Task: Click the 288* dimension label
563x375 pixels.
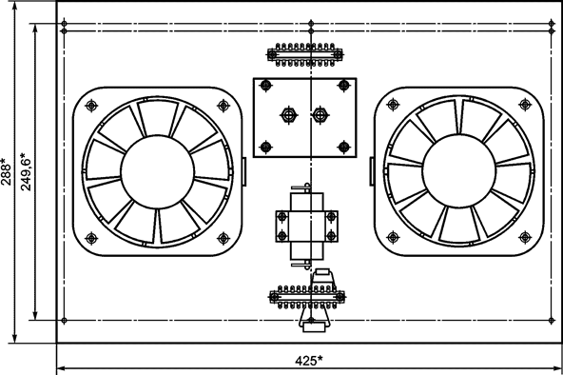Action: pos(6,171)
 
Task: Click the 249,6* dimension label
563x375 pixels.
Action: pos(26,171)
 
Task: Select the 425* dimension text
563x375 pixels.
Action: pos(309,361)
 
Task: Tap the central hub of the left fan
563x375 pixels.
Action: pos(158,171)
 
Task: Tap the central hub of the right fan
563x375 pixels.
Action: pos(459,171)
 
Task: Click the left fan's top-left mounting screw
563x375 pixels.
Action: pos(91,106)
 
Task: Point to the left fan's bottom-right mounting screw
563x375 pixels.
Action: pos(223,238)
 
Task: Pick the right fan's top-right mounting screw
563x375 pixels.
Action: pos(525,105)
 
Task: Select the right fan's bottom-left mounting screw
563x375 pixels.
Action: pos(393,237)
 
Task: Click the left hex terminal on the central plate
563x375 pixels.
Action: pos(289,115)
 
